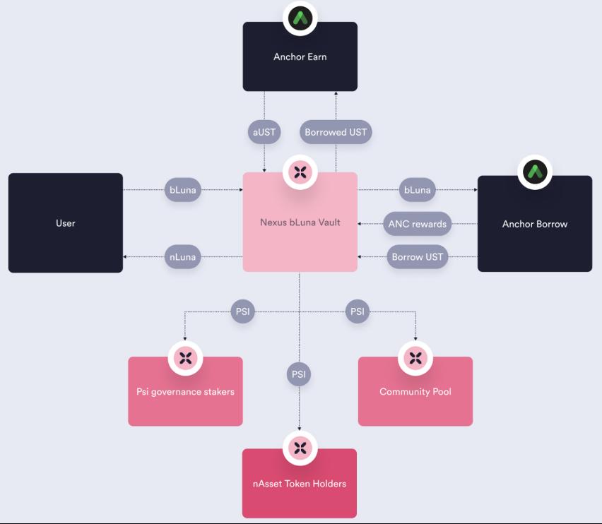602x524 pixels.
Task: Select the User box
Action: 65,223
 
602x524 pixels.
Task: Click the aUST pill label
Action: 264,132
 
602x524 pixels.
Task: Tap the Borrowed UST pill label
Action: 336,132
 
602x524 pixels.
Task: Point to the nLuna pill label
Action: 183,257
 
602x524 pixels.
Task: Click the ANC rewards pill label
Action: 417,224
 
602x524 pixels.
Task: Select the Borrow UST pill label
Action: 417,256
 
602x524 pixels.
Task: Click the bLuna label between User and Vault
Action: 183,190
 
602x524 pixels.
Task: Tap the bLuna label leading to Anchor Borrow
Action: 417,190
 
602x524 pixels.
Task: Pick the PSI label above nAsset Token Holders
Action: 299,374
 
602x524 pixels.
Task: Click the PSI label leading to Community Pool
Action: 358,311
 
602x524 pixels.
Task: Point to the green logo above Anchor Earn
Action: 300,18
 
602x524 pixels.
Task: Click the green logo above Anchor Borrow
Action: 535,172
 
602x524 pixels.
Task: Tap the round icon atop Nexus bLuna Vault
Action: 300,172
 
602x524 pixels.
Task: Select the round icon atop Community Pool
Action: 415,357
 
